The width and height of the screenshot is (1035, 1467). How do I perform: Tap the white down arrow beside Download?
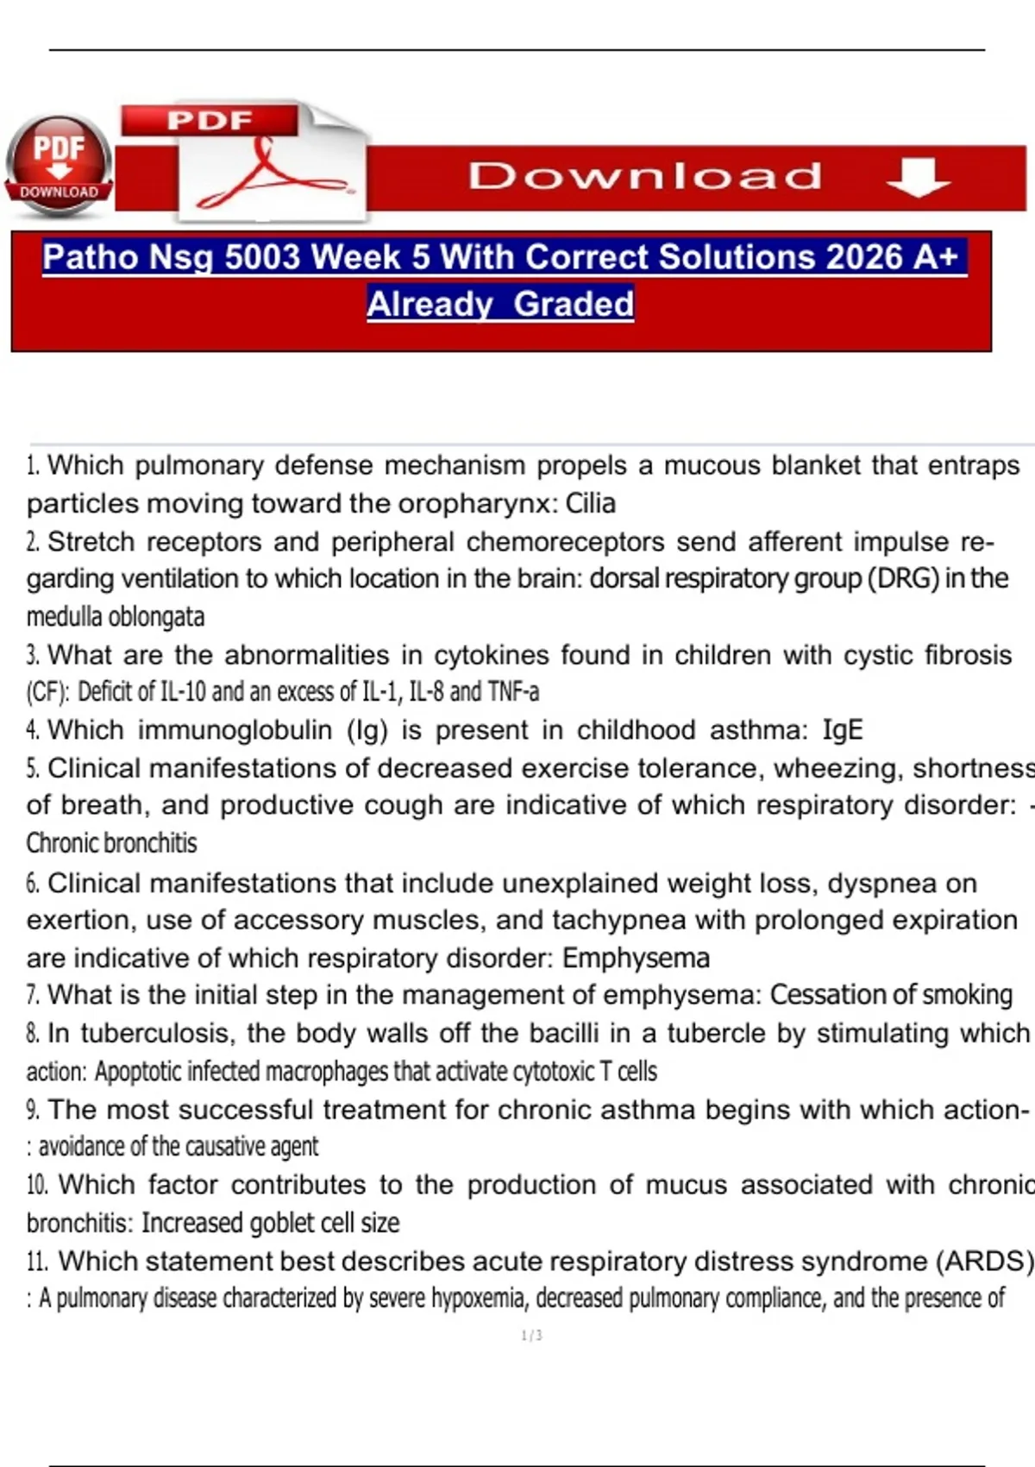pos(918,177)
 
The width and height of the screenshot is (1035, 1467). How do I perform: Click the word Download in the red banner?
pos(645,177)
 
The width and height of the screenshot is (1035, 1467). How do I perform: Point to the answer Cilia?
pos(591,503)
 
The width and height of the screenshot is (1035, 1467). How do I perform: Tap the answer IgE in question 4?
pos(843,730)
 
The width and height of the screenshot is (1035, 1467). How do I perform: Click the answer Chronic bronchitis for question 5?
pos(111,843)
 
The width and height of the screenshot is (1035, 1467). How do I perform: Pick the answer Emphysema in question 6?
pos(637,958)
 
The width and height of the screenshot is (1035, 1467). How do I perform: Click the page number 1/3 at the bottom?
pos(531,1336)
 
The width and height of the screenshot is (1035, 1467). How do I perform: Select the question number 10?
pos(36,1186)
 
